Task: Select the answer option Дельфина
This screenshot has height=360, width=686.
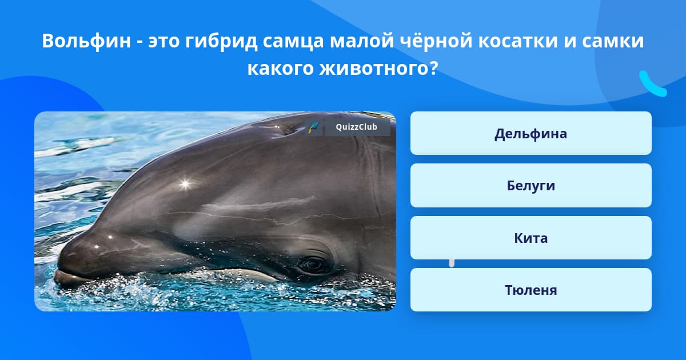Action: click(x=531, y=133)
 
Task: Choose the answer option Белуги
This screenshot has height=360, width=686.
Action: click(x=531, y=186)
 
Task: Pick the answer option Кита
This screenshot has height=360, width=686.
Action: click(x=531, y=238)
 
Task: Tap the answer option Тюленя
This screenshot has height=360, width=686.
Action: click(x=531, y=290)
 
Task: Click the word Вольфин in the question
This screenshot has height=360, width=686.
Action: click(x=86, y=41)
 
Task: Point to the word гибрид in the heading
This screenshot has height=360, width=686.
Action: click(x=221, y=41)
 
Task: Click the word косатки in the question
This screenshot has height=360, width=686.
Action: click(x=518, y=41)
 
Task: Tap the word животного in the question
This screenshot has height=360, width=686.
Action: click(x=378, y=68)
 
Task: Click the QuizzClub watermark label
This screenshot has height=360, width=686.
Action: click(x=357, y=127)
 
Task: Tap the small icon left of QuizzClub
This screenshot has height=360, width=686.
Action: click(x=314, y=127)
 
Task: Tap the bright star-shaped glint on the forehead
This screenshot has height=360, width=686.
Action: click(x=185, y=184)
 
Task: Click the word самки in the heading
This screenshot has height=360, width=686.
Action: click(x=613, y=41)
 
